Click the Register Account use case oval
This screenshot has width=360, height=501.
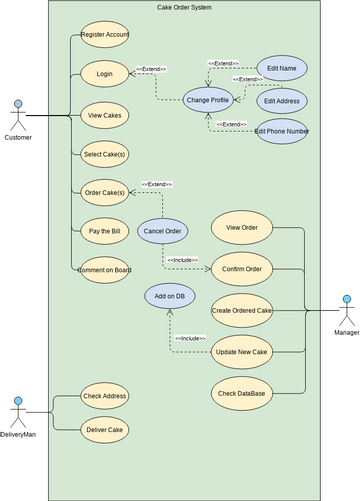105,34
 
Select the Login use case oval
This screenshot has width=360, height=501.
105,73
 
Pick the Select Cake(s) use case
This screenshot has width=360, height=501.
105,153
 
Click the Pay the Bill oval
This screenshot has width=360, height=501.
105,231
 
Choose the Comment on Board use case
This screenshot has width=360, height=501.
105,269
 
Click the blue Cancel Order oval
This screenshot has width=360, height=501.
162,231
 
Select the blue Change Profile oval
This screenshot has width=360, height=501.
208,99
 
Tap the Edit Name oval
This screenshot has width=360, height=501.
281,68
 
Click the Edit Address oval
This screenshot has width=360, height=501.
282,101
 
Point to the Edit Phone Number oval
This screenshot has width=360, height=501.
281,131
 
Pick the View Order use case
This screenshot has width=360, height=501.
241,227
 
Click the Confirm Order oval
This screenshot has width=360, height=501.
241,269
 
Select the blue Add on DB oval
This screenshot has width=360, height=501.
169,296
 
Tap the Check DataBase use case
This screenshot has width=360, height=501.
241,392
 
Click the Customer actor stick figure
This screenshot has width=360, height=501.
18,115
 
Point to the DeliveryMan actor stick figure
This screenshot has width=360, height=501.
18,411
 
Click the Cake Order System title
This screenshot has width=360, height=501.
184,7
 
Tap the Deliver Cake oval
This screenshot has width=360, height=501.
105,429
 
